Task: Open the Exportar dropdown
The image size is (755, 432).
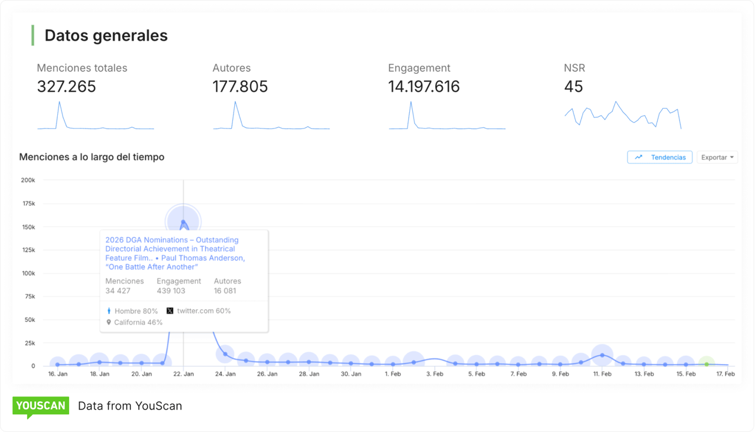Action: point(717,158)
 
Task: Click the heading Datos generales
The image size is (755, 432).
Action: point(106,35)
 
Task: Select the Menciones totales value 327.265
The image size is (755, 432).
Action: point(67,87)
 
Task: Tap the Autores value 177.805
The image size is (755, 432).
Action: point(240,87)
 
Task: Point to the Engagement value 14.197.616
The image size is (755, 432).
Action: point(424,87)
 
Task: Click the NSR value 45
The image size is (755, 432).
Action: point(573,87)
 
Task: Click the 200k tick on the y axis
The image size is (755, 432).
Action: point(28,180)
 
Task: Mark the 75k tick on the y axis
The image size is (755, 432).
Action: point(29,296)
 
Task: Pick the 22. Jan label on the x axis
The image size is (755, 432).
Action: point(183,374)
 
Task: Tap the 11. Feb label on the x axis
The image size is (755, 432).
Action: point(602,374)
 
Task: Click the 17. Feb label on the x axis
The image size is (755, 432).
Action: point(726,374)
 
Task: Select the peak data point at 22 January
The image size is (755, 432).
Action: point(183,222)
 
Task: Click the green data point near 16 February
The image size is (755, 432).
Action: point(707,364)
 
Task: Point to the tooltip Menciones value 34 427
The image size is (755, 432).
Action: point(118,291)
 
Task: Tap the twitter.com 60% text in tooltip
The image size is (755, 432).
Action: point(203,311)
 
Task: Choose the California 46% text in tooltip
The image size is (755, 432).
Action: point(138,323)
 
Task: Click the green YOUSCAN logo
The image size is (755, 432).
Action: point(41,406)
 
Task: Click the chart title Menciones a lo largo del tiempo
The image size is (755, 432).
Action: point(91,158)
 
